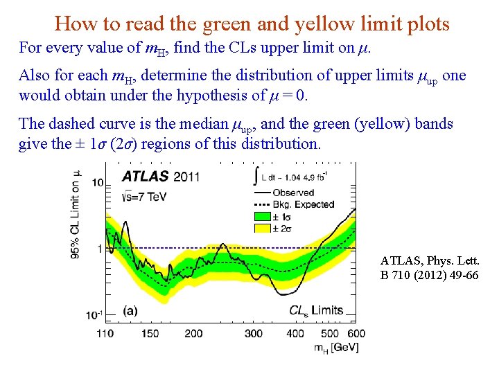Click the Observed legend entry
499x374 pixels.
[293, 193]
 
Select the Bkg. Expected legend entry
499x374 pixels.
[304, 204]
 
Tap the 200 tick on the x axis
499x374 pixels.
[193, 333]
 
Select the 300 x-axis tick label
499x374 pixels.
[254, 333]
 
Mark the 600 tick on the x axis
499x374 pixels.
[356, 333]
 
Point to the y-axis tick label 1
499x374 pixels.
[99, 248]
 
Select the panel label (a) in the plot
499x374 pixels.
[130, 311]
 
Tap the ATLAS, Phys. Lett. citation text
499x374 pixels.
[429, 261]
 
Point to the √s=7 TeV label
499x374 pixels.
[146, 196]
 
